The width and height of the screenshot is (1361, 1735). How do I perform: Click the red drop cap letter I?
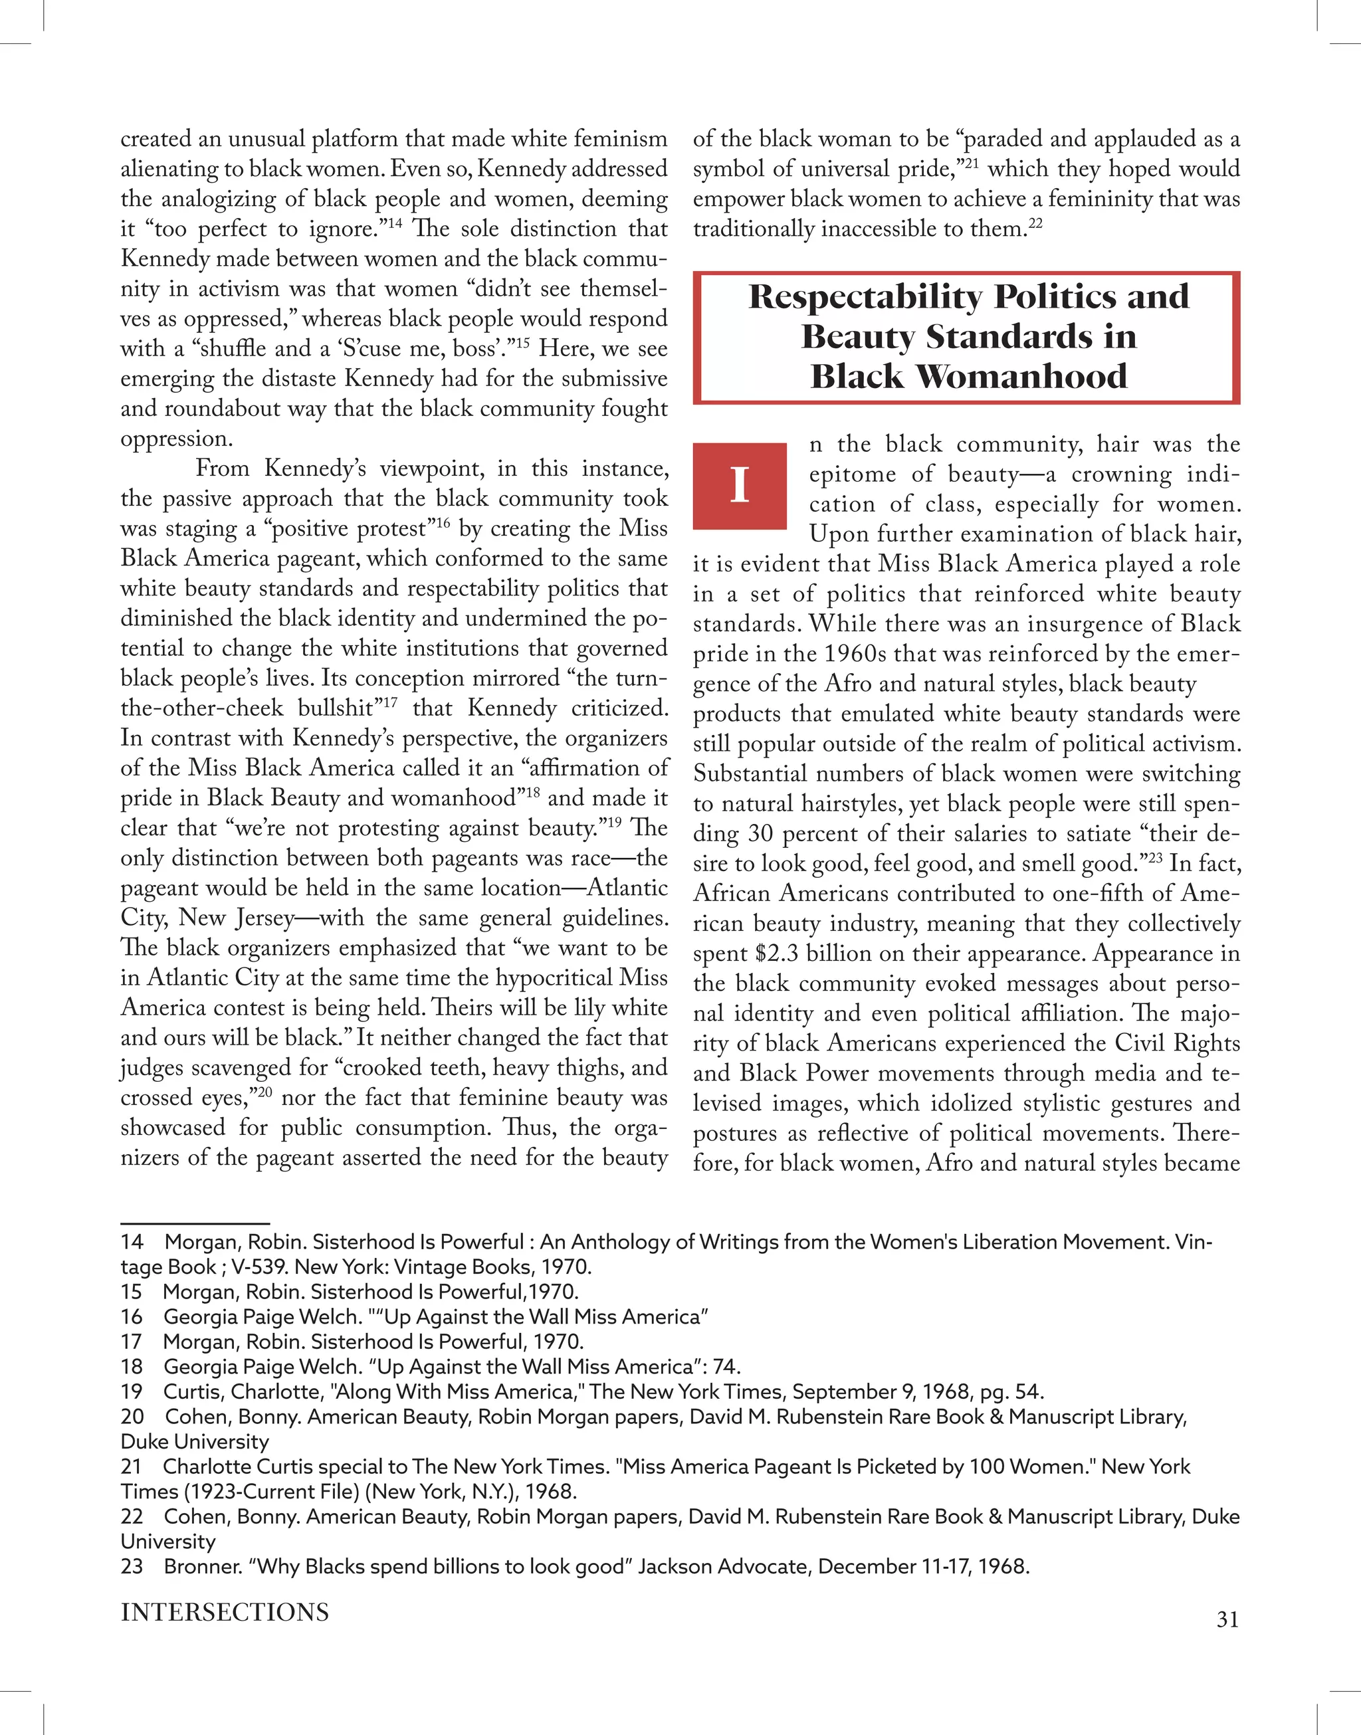(740, 485)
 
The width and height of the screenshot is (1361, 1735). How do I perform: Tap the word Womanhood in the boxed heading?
(1021, 376)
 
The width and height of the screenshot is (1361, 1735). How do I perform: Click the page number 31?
(1227, 1619)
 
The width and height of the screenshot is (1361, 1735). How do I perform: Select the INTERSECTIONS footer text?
(224, 1611)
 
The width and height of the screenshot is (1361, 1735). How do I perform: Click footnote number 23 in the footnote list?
(132, 1566)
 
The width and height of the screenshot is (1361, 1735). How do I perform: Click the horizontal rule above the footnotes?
(195, 1223)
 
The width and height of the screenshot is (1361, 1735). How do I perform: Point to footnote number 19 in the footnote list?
(132, 1391)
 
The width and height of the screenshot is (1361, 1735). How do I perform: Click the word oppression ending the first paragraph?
(165, 439)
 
